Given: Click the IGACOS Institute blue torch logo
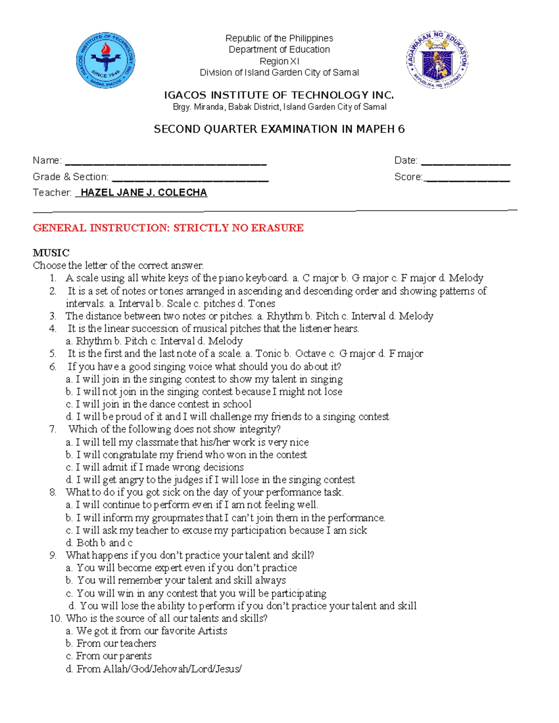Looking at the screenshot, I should pos(106,61).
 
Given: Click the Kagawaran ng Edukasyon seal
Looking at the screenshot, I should pos(437,60).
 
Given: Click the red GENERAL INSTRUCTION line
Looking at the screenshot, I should pos(168,228).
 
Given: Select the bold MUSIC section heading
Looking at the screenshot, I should pos(51,253).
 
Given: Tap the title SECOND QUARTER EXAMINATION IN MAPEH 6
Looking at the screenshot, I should pos(279,129).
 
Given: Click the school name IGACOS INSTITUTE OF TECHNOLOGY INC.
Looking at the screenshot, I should pos(279,95).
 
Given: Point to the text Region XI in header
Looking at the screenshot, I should pos(279,61).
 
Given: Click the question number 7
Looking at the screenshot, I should pos(53,429).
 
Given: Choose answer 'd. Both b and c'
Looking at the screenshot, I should pos(99,543).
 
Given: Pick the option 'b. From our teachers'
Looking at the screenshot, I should pos(111,643).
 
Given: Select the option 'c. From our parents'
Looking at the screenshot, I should pos(109,656).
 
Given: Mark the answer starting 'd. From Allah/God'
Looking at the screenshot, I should pos(154,669).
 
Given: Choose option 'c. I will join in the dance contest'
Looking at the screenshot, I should pos(158,404).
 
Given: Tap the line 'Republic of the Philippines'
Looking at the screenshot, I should pos(279,38).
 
